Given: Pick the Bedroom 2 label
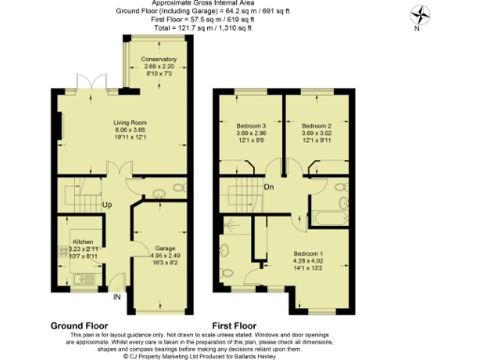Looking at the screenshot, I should point(322,125).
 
